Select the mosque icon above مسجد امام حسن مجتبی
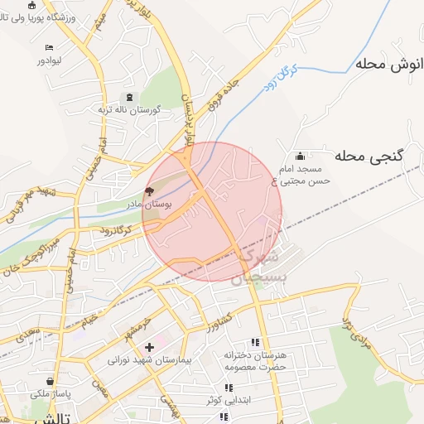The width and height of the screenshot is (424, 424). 299,156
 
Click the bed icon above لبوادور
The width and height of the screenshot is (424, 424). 50,48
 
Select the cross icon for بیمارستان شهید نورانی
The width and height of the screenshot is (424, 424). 149,348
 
